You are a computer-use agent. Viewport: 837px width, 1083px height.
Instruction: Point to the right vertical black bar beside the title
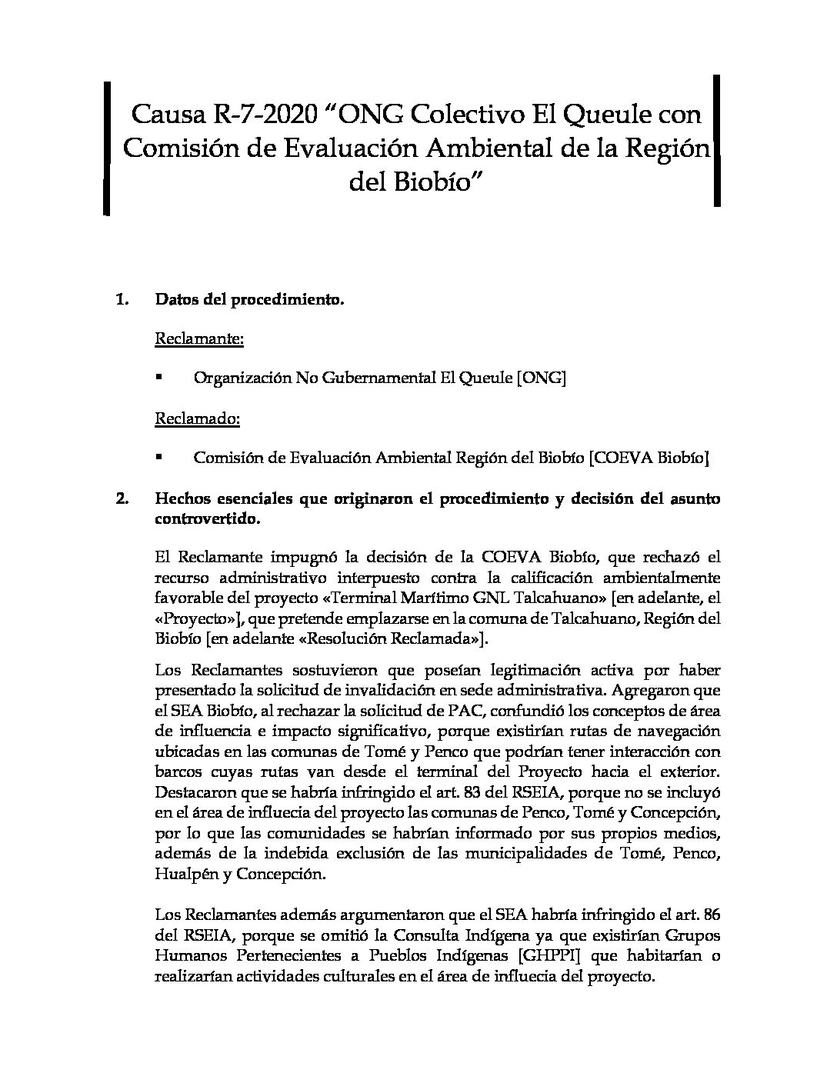coord(717,140)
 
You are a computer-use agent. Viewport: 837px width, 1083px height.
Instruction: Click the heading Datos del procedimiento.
coord(249,300)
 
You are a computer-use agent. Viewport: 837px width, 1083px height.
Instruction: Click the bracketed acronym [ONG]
coord(542,378)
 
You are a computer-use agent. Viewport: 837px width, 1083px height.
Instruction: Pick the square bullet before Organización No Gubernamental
coord(159,378)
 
